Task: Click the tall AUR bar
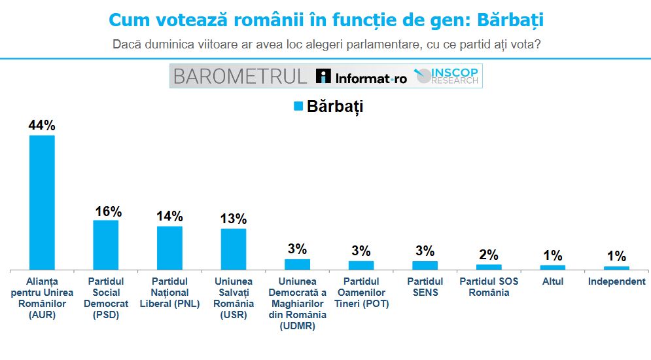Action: tap(42, 202)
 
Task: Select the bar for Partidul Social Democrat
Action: tap(105, 245)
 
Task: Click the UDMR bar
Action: tap(297, 264)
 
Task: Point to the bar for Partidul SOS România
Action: tap(489, 266)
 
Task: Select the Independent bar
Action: tap(616, 268)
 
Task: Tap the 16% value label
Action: tap(106, 211)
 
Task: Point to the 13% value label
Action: tap(234, 219)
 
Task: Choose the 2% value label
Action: tap(489, 255)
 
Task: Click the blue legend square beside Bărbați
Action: tap(298, 106)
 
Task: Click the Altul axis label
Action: tap(552, 282)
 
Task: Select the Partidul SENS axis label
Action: tap(425, 287)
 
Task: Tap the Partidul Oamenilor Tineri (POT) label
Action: tap(361, 293)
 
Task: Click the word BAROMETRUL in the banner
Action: tap(239, 77)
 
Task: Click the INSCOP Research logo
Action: tap(449, 77)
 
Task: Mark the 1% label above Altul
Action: tap(552, 256)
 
